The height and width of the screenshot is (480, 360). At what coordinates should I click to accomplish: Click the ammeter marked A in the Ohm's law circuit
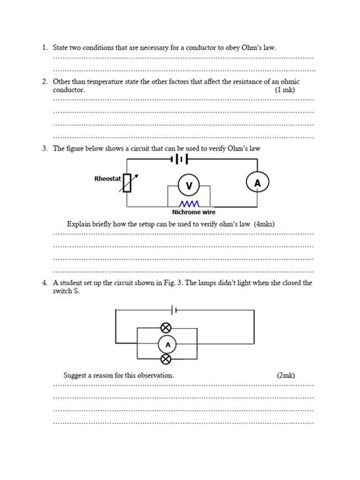[257, 183]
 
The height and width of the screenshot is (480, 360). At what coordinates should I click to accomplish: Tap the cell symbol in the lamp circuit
[176, 310]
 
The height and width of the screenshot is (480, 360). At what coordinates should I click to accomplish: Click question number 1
[45, 47]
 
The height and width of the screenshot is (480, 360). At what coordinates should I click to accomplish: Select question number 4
[45, 283]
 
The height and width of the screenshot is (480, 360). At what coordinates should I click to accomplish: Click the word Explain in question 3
[79, 225]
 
